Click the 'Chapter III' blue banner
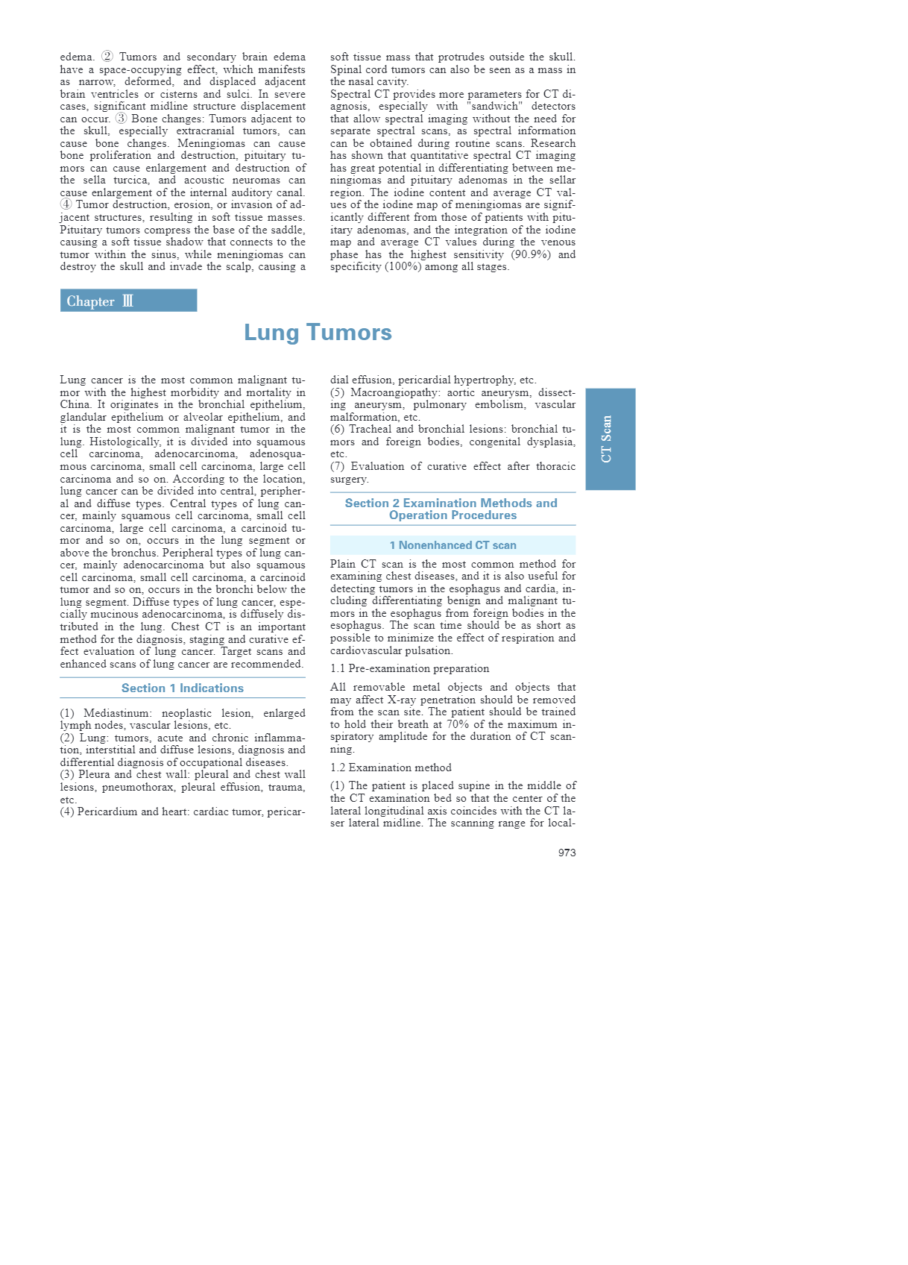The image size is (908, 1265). (x=128, y=301)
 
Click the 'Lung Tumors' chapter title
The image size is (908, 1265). (x=318, y=333)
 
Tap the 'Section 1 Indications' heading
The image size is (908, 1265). (x=182, y=688)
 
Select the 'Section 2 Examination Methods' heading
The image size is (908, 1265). (x=452, y=509)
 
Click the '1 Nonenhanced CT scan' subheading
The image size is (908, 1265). (x=453, y=545)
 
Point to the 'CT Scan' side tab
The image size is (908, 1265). (x=610, y=439)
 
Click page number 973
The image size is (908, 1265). (x=567, y=853)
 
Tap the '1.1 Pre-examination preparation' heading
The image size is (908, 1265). (x=409, y=669)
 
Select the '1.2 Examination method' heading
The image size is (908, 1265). (x=391, y=768)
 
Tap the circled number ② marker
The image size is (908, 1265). (x=107, y=57)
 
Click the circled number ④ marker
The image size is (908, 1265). (x=66, y=204)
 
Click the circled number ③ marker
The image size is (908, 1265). (x=121, y=119)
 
